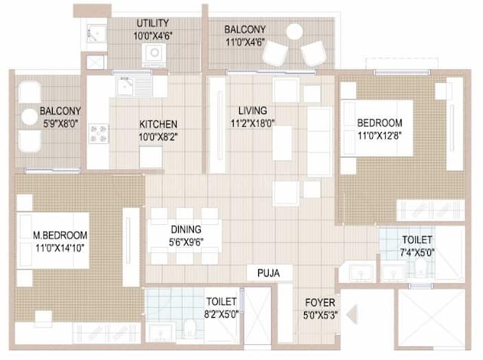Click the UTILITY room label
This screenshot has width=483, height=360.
(152, 23)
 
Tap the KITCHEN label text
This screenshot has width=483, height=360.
(158, 125)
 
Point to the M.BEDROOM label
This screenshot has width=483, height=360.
(60, 235)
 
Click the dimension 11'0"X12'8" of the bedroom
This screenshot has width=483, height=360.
(380, 137)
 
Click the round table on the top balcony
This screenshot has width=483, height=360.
(294, 32)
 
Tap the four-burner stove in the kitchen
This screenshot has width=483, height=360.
(99, 134)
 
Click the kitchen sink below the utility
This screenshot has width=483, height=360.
(134, 86)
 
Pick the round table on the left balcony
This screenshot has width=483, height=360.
(29, 116)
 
